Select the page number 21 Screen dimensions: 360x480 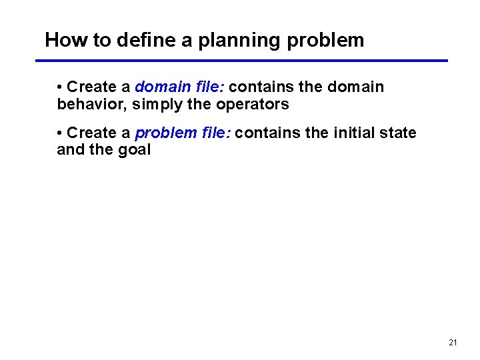pos(453,343)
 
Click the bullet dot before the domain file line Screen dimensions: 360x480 pos(60,87)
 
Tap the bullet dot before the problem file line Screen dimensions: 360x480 pos(60,133)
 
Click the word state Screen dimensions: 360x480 pos(397,133)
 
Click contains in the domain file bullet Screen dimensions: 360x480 pos(258,87)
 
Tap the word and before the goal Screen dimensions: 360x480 pos(70,150)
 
